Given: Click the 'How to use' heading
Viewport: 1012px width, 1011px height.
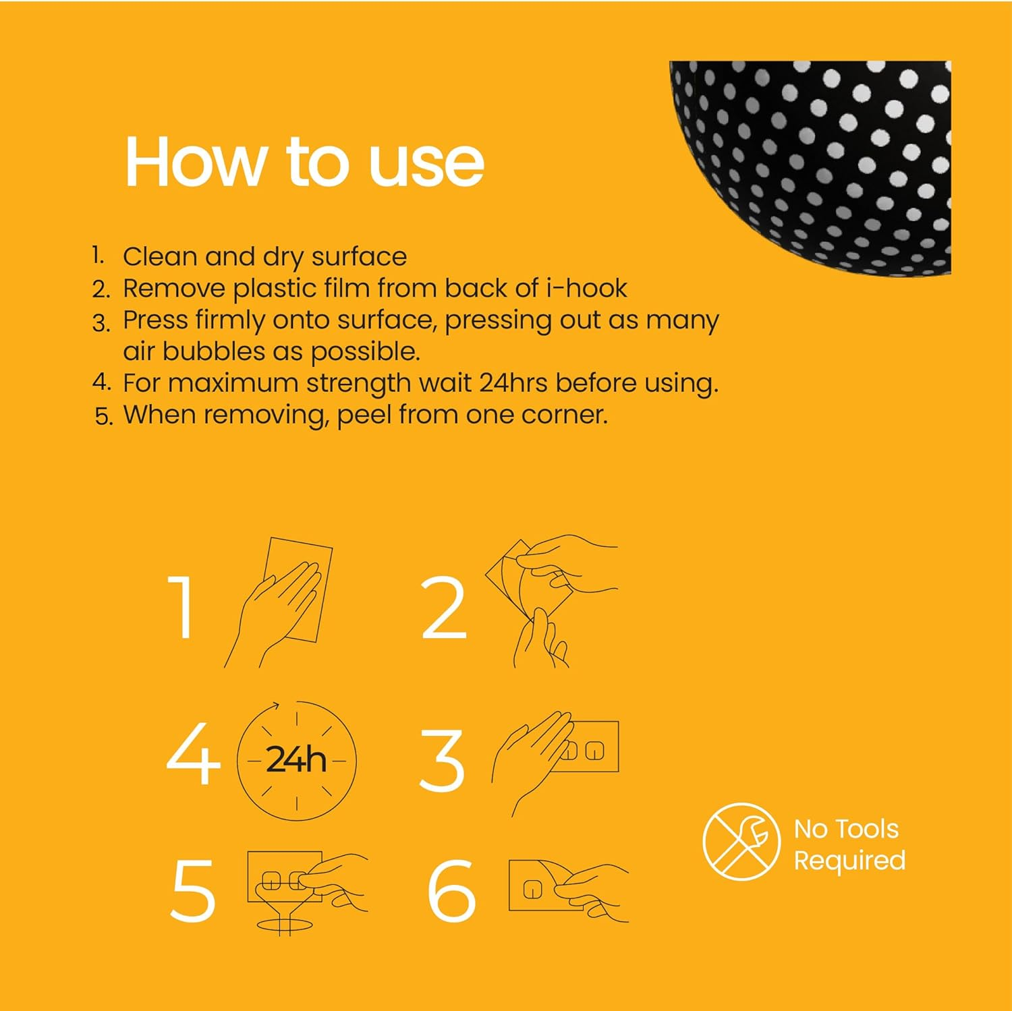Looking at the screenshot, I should tap(304, 163).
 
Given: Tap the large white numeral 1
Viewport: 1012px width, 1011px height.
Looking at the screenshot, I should tap(181, 607).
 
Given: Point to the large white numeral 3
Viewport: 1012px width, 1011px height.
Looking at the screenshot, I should tap(442, 760).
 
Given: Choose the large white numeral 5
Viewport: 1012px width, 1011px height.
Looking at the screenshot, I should tap(193, 891).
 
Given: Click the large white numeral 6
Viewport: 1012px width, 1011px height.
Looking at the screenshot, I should tap(451, 891).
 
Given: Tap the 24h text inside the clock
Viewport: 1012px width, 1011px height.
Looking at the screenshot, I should tap(296, 760).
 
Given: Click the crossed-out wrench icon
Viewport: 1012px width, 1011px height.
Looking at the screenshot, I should tap(741, 841).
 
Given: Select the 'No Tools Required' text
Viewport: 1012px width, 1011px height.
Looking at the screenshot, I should tap(849, 844).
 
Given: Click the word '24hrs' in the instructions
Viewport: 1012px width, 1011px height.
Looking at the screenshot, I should tap(514, 383).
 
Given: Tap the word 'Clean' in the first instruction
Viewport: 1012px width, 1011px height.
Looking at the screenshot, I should tap(160, 257).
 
